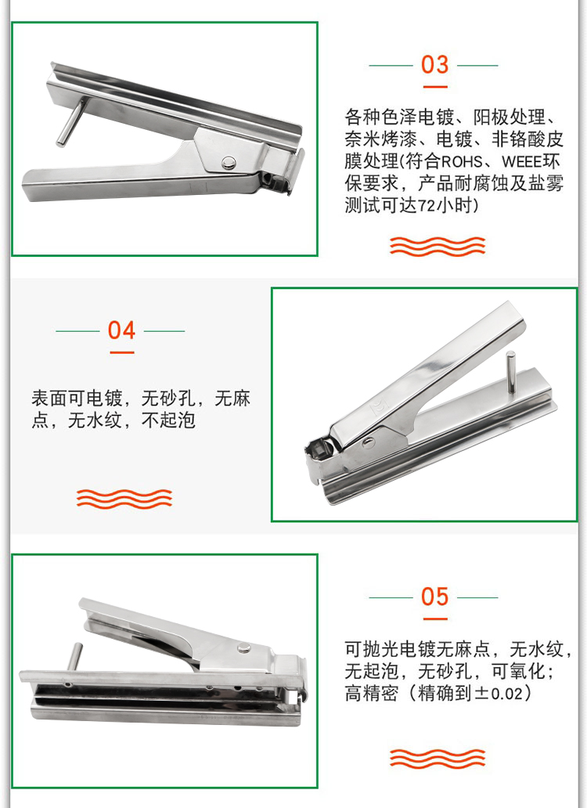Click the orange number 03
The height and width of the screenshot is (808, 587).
(x=434, y=65)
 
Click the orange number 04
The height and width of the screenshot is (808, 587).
(x=121, y=330)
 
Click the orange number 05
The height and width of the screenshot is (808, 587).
(x=434, y=597)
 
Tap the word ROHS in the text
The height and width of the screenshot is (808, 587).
(x=462, y=162)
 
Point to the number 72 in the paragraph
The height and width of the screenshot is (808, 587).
(x=427, y=206)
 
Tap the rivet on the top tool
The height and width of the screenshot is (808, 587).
(x=228, y=163)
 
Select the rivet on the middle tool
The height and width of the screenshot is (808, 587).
(x=368, y=441)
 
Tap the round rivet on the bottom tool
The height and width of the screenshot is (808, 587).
(x=244, y=647)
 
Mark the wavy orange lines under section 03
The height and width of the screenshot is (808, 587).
(x=438, y=247)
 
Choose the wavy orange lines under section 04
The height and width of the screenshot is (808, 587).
(x=124, y=499)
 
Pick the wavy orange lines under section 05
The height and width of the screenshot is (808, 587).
(x=438, y=759)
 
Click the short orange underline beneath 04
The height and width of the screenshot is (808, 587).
(x=122, y=352)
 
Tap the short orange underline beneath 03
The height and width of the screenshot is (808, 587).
(x=435, y=87)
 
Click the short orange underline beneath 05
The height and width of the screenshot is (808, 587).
(x=435, y=619)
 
